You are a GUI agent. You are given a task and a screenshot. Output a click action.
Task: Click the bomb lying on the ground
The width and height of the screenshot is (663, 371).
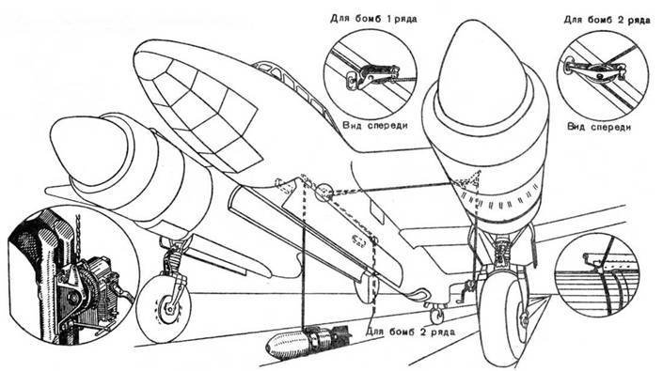point(308,339)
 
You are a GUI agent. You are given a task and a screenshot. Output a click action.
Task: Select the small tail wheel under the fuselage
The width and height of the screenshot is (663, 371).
point(436,314)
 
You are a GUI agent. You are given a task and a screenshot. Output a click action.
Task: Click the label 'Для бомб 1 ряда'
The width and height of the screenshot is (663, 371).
point(373,19)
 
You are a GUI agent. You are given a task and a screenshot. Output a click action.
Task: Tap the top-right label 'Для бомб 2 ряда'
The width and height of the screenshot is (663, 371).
point(607,20)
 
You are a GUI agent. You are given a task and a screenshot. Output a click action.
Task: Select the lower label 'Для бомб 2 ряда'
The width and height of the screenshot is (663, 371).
point(411,332)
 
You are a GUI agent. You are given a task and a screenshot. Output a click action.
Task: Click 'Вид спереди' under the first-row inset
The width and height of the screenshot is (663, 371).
point(375,125)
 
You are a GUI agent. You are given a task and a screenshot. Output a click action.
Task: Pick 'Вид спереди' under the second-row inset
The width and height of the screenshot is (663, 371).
point(599,127)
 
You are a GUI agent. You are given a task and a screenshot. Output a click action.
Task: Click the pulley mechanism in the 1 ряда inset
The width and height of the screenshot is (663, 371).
point(372,75)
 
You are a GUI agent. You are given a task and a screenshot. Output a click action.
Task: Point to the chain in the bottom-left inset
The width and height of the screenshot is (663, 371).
point(78,235)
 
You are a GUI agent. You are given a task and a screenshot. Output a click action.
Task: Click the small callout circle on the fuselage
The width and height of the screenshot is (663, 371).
point(324,192)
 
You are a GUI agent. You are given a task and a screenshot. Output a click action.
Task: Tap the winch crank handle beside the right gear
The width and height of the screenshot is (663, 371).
point(466,291)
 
